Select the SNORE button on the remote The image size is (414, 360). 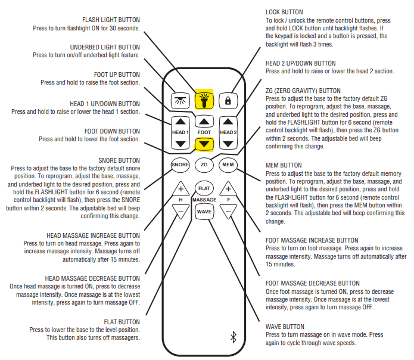180,164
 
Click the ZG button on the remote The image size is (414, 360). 204,164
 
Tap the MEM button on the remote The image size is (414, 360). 228,164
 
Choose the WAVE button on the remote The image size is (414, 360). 204,212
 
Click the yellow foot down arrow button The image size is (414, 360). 204,143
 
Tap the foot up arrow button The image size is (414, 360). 204,120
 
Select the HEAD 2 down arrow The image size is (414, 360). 228,143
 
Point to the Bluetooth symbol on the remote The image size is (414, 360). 233,337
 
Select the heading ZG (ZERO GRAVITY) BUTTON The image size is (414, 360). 303,91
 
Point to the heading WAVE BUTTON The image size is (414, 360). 285,327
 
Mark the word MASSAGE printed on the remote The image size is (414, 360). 204,200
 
